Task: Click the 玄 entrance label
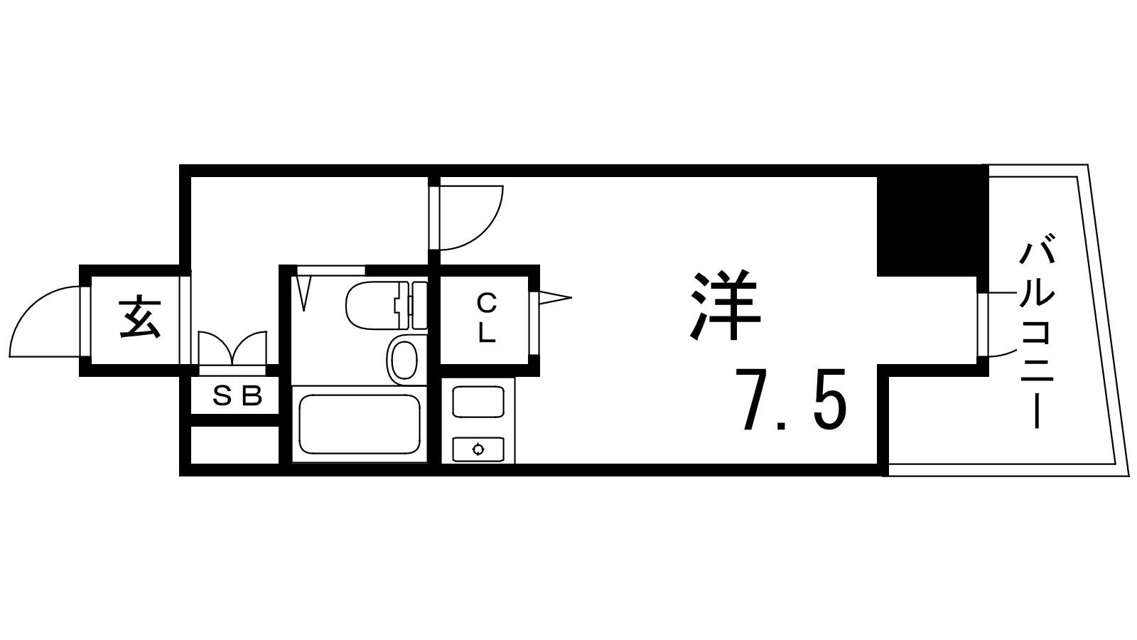[139, 319]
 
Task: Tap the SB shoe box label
[237, 395]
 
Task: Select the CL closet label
[486, 319]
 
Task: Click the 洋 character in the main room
[726, 305]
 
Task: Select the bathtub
[360, 425]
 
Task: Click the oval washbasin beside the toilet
[404, 360]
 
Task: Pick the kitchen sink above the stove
[478, 401]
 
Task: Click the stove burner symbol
[478, 449]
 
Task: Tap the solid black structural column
[933, 221]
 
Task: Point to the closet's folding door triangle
[555, 298]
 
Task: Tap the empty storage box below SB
[235, 445]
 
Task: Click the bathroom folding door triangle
[303, 292]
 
